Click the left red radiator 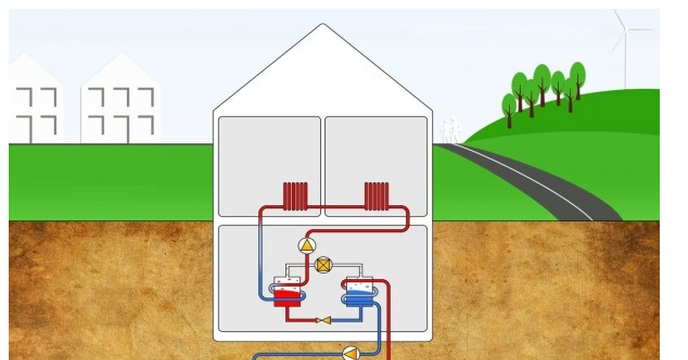[x=295, y=196]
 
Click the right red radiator [x=377, y=196]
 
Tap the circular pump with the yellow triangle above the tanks [x=307, y=246]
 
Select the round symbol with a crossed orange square [x=323, y=265]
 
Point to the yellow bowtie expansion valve [x=324, y=320]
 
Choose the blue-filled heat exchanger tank [x=358, y=292]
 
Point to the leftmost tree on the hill [x=509, y=109]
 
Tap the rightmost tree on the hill [x=577, y=77]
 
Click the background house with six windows [x=121, y=103]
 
